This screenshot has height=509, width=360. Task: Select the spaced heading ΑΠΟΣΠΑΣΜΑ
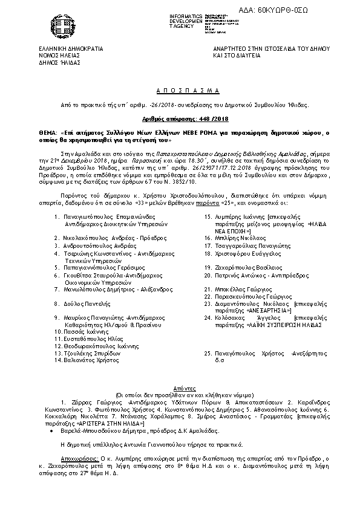point(179,89)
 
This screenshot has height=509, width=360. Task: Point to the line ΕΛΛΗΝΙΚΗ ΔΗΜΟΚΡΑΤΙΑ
point(70,47)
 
